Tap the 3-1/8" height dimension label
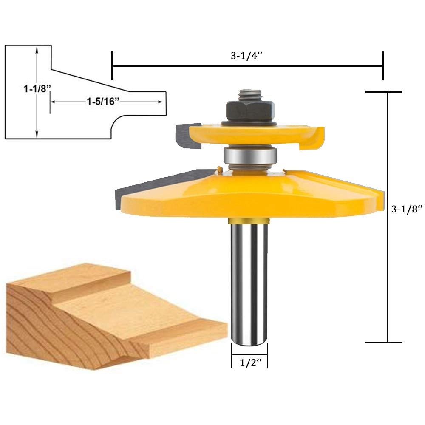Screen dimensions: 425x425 [x=407, y=209]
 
